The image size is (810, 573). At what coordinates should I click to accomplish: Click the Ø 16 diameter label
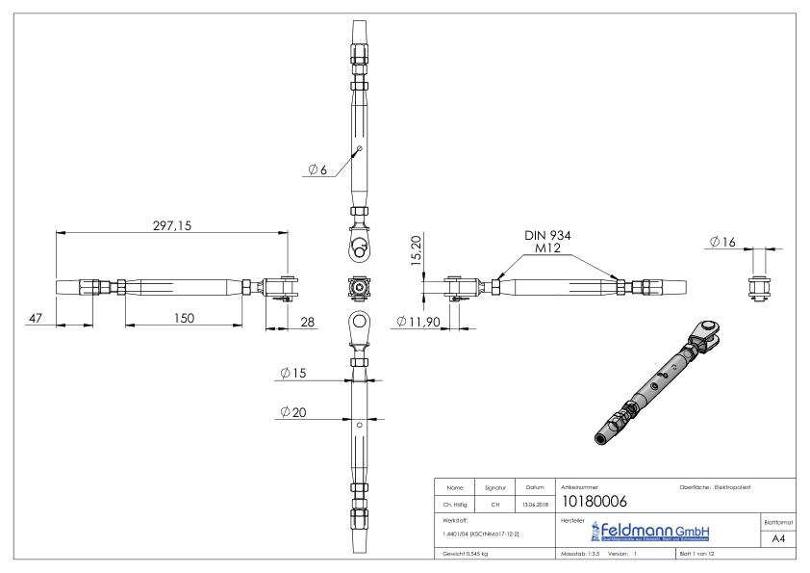coord(722,242)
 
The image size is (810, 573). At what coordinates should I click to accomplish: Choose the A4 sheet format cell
coord(776,539)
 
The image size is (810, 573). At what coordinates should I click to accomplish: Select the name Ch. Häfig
coord(454,503)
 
